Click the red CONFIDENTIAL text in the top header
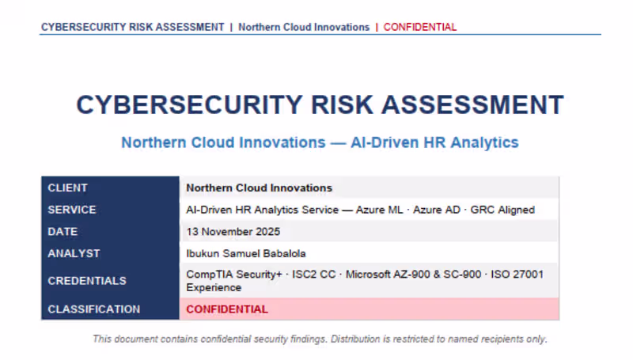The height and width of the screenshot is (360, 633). tap(420, 27)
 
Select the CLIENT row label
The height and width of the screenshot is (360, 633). tap(67, 188)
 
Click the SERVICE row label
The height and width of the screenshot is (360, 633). tap(71, 210)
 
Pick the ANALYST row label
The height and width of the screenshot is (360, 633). tap(74, 253)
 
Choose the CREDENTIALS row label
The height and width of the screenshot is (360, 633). tap(87, 281)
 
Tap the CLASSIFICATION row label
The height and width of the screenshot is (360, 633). tap(93, 309)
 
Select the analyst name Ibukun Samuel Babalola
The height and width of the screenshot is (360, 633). tap(245, 253)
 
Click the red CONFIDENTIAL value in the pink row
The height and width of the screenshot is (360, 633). tap(227, 309)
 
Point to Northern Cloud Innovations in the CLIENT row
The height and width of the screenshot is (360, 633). tap(259, 188)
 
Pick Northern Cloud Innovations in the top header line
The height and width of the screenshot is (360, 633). tap(304, 27)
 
